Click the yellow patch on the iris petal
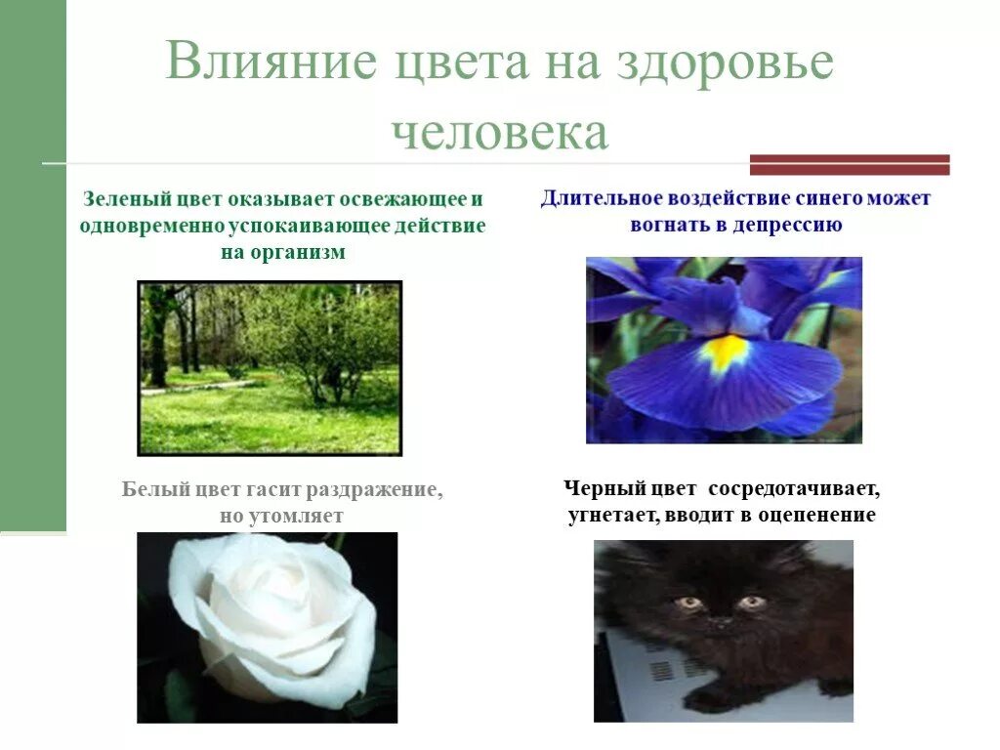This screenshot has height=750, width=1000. tap(725, 351)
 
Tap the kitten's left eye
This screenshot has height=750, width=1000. tap(690, 603)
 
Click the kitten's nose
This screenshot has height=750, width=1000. tap(720, 621)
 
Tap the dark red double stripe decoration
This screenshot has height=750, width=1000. tap(850, 164)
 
